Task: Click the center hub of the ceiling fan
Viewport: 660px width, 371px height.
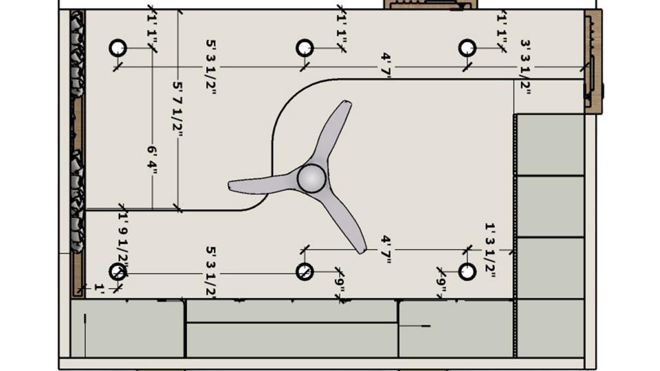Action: (311, 178)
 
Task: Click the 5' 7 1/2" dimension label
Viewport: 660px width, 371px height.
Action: (178, 110)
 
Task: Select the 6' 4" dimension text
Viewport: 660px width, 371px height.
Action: (152, 160)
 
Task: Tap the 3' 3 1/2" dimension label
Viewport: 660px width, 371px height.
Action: (526, 66)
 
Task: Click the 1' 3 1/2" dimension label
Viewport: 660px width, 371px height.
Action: (490, 249)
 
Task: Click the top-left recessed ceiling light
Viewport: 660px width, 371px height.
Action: (118, 48)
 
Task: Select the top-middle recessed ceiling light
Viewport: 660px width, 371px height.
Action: (305, 48)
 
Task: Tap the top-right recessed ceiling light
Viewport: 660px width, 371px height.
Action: (467, 48)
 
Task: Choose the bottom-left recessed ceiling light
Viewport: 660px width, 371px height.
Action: (118, 271)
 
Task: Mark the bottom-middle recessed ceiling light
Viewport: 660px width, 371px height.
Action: (305, 271)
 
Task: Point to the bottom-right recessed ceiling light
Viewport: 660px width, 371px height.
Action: (467, 271)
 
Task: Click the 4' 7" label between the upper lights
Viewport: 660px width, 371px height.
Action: (386, 66)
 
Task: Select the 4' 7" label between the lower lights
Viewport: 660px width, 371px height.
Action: (386, 249)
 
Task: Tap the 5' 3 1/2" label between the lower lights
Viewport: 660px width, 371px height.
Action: (211, 273)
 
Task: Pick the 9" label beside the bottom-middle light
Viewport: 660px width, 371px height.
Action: (340, 282)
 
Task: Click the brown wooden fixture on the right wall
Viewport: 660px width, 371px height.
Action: (593, 62)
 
